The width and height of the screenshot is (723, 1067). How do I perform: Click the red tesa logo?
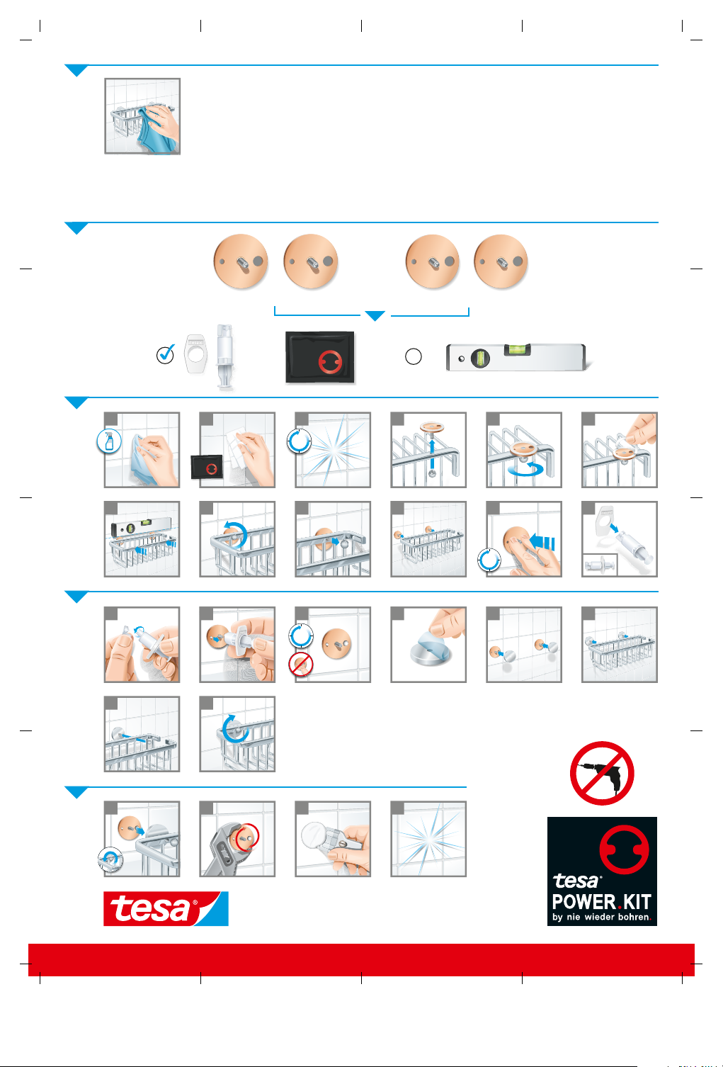[x=166, y=908]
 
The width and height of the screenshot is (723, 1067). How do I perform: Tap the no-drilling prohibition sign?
[x=602, y=773]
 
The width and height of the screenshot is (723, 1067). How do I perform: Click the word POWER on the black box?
[x=584, y=902]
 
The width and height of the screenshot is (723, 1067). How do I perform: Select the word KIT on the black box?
[x=637, y=902]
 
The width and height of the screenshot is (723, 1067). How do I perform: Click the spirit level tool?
[x=518, y=357]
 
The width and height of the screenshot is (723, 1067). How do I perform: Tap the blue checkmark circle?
[x=165, y=355]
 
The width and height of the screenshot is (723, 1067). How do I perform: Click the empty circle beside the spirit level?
[x=413, y=356]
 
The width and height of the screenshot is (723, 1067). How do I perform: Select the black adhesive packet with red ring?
[x=320, y=357]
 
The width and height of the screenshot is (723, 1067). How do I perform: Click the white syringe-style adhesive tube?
[x=224, y=357]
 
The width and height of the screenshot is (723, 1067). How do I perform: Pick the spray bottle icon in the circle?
[x=109, y=441]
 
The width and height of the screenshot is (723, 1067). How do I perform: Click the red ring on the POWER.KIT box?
[x=624, y=849]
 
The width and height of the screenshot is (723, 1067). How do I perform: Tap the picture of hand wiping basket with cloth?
[x=142, y=116]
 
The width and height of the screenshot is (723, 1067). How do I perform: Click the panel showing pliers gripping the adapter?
[x=237, y=839]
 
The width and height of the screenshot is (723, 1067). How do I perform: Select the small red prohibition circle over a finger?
[x=301, y=665]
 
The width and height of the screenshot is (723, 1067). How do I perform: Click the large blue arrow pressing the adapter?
[x=542, y=543]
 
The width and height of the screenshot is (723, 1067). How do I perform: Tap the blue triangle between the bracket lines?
[x=375, y=316]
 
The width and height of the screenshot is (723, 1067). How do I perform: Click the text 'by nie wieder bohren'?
[x=600, y=917]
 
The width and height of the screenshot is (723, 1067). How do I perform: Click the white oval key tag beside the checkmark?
[x=195, y=354]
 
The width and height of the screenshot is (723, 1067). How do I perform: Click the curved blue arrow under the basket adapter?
[x=525, y=469]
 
